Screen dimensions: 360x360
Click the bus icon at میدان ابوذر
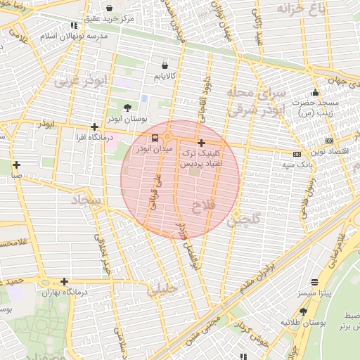point(155,137)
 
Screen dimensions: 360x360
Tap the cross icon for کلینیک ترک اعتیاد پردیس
point(202,143)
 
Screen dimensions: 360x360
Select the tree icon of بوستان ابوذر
point(127,107)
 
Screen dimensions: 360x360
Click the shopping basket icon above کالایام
point(164,65)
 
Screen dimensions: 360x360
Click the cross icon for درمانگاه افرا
point(94,127)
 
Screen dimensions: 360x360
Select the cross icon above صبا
point(15,165)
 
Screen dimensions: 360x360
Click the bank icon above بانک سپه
point(297,154)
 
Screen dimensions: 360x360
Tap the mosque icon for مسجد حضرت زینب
point(315,92)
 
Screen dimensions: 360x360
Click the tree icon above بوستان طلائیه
point(303,311)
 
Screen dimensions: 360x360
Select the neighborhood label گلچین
point(243,220)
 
